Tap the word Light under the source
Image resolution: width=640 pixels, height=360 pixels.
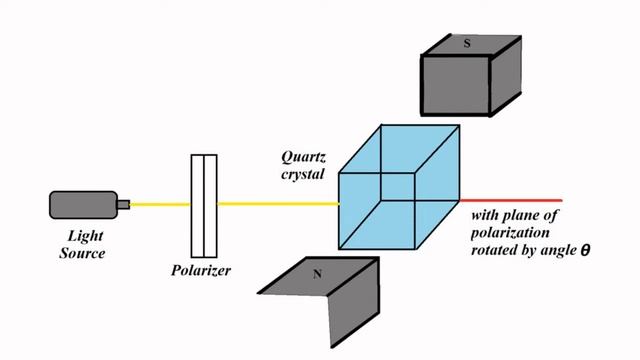[x=86, y=237]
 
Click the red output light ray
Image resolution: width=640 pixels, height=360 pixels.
[x=520, y=201]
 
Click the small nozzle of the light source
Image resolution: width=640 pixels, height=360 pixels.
[x=123, y=205]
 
